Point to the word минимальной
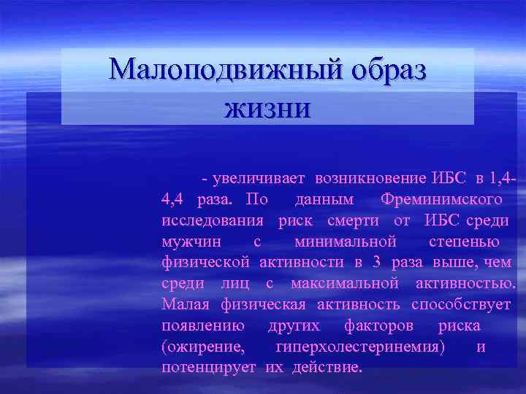[346, 242]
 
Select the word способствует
[461, 304]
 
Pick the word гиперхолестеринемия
[359, 347]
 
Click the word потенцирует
[208, 367]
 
